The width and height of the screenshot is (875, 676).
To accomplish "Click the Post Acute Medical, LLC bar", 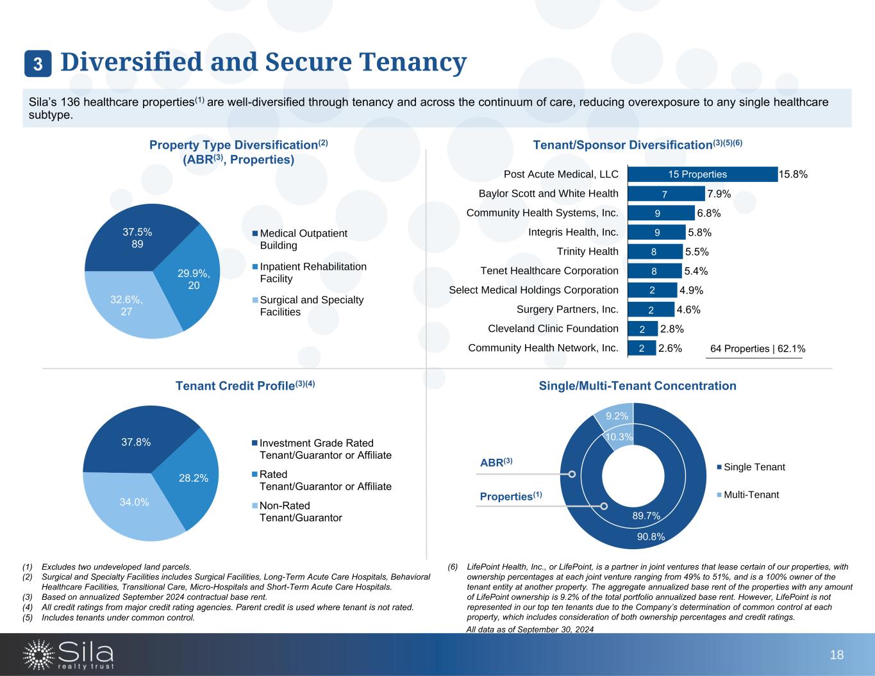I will click(702, 174).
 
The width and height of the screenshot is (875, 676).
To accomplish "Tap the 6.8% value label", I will click(709, 213).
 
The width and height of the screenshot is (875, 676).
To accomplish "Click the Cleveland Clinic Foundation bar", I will click(642, 329).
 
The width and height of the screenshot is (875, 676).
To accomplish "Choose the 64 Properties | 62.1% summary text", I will click(758, 349).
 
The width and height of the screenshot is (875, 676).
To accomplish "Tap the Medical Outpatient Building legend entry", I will click(303, 239).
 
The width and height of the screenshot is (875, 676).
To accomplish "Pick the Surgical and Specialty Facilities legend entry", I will click(311, 306).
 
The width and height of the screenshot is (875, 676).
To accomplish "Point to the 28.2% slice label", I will click(193, 477).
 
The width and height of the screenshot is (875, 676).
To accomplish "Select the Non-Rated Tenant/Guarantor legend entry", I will click(300, 511).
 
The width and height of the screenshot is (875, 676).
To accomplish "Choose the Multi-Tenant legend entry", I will click(751, 495).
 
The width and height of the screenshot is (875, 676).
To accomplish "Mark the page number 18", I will click(837, 655).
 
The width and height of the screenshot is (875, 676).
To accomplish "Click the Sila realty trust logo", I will click(69, 654).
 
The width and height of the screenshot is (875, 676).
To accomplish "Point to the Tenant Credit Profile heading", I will click(246, 386).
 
